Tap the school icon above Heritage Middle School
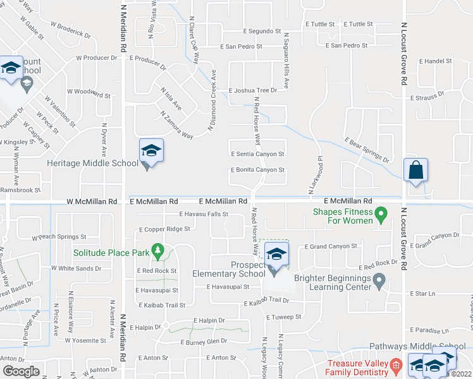[151, 151]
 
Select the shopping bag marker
[415, 171]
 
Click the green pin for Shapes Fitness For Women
[381, 216]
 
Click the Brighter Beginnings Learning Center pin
[379, 279]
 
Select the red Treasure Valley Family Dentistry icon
[396, 365]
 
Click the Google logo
[21, 371]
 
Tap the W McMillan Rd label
[92, 202]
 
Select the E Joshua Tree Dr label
[253, 91]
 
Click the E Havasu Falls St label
[203, 215]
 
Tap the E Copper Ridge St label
[164, 229]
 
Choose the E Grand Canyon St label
[331, 246]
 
